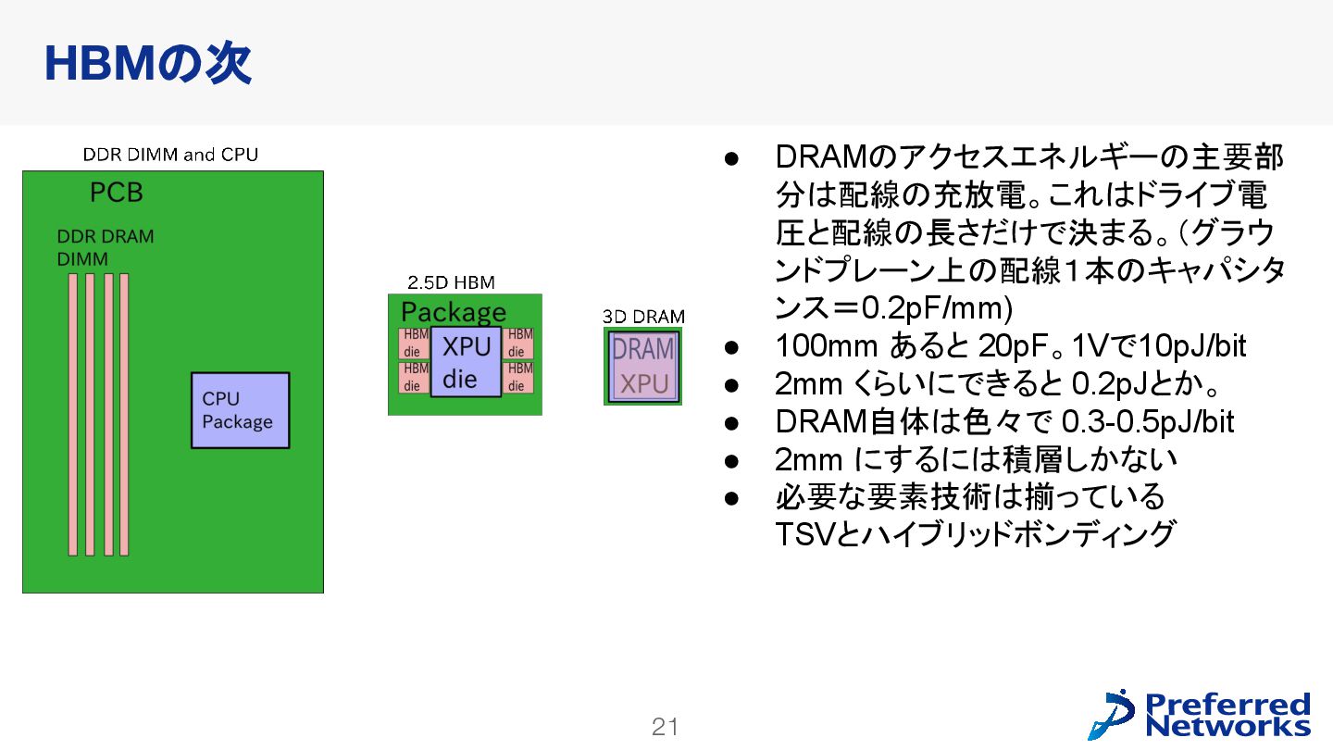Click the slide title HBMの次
coord(147,64)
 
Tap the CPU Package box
coord(240,410)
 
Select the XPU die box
coord(466,362)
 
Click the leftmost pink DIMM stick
coord(73,414)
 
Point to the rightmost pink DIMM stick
coord(124,414)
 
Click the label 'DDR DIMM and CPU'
coord(170,155)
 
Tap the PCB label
coord(116,194)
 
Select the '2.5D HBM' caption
coord(451,282)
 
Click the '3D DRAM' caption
coord(643,317)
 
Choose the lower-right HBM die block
coord(518,377)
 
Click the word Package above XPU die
coord(454,312)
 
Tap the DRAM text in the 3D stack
coord(643,350)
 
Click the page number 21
coord(666,728)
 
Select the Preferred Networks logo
coord(1200,714)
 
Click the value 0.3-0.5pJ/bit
coord(1148,422)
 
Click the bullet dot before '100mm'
coord(729,347)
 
